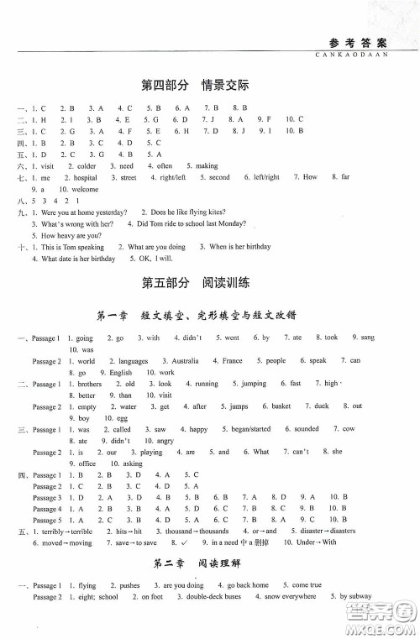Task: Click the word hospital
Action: click(85, 178)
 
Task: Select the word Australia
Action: click(184, 360)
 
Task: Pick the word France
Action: click(232, 360)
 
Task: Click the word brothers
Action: click(88, 383)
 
